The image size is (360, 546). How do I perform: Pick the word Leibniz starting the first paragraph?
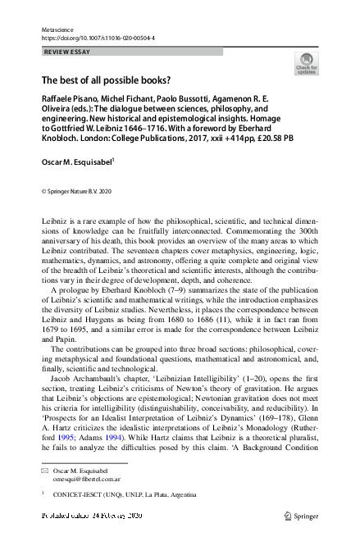(55, 222)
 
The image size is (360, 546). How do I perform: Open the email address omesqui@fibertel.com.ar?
(86, 480)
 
